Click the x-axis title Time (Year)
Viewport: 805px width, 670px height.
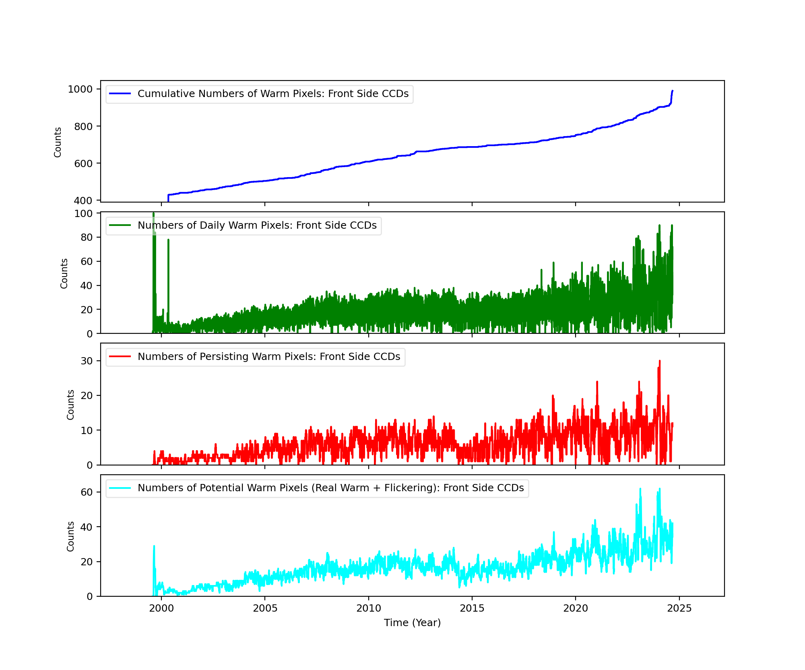(412, 623)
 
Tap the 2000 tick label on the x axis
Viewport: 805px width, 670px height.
(161, 608)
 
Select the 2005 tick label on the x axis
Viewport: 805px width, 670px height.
(265, 608)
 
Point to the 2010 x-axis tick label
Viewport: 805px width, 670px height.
(368, 608)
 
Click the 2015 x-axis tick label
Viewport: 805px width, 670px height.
(472, 608)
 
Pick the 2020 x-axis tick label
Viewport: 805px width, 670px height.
(576, 608)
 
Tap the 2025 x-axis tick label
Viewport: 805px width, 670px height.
(679, 608)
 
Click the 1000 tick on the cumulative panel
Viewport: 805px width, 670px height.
(80, 89)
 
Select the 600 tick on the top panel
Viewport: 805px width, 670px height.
(83, 163)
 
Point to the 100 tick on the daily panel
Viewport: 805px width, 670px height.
(83, 213)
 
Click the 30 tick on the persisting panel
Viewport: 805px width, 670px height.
(87, 361)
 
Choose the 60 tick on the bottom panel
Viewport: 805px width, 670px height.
(87, 492)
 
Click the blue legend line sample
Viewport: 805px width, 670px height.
(120, 94)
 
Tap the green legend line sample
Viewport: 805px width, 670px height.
(120, 225)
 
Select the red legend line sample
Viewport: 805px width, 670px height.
(120, 357)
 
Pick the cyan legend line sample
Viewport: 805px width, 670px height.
(120, 488)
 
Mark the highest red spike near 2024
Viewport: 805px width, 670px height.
(660, 362)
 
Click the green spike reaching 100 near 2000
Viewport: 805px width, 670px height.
(153, 214)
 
